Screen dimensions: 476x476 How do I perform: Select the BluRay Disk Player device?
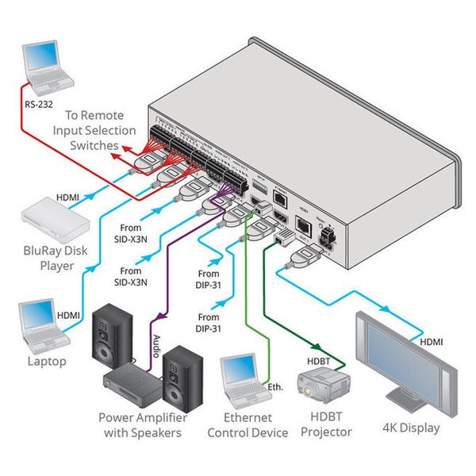point(51,217)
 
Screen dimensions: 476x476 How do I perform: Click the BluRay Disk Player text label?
point(52,258)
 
